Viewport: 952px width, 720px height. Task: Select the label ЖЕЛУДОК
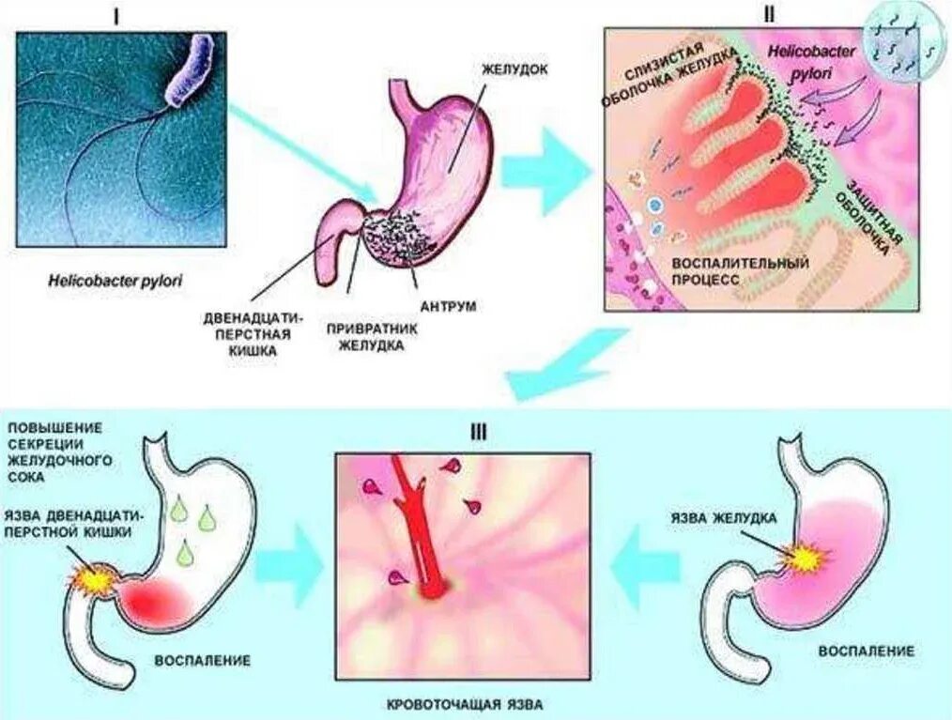pyautogui.click(x=514, y=70)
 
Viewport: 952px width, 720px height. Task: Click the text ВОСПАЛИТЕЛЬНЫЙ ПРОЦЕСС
pyautogui.click(x=741, y=271)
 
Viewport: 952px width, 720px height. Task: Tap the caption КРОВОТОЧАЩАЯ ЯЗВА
pyautogui.click(x=466, y=704)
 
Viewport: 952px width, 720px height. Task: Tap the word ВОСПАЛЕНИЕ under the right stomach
pyautogui.click(x=866, y=651)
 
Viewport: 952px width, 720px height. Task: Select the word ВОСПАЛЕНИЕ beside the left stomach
pyautogui.click(x=203, y=660)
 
